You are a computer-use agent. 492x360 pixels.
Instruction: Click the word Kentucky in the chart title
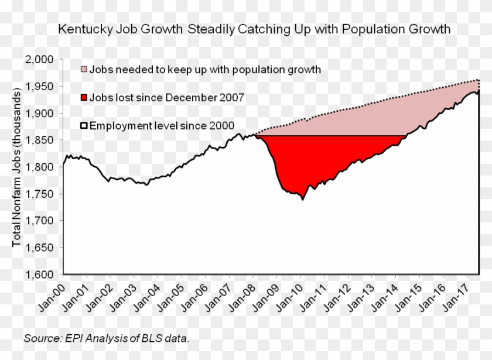pos(82,29)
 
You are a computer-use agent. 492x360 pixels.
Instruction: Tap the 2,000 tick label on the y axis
pos(40,60)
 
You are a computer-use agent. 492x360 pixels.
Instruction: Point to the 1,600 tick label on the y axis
pos(40,275)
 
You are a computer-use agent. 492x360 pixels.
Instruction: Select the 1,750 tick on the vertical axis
pos(40,194)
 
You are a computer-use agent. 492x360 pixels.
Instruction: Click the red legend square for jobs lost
pos(84,98)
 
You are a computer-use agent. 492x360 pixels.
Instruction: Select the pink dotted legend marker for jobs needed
pos(84,70)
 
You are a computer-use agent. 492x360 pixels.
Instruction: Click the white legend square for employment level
pos(84,125)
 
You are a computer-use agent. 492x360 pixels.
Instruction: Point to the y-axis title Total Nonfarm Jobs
pos(17,170)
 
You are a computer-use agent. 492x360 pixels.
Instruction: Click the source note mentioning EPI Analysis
pos(107,338)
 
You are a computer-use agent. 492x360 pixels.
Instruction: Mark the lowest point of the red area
pos(302,199)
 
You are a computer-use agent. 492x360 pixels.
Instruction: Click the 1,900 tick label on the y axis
pos(40,114)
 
